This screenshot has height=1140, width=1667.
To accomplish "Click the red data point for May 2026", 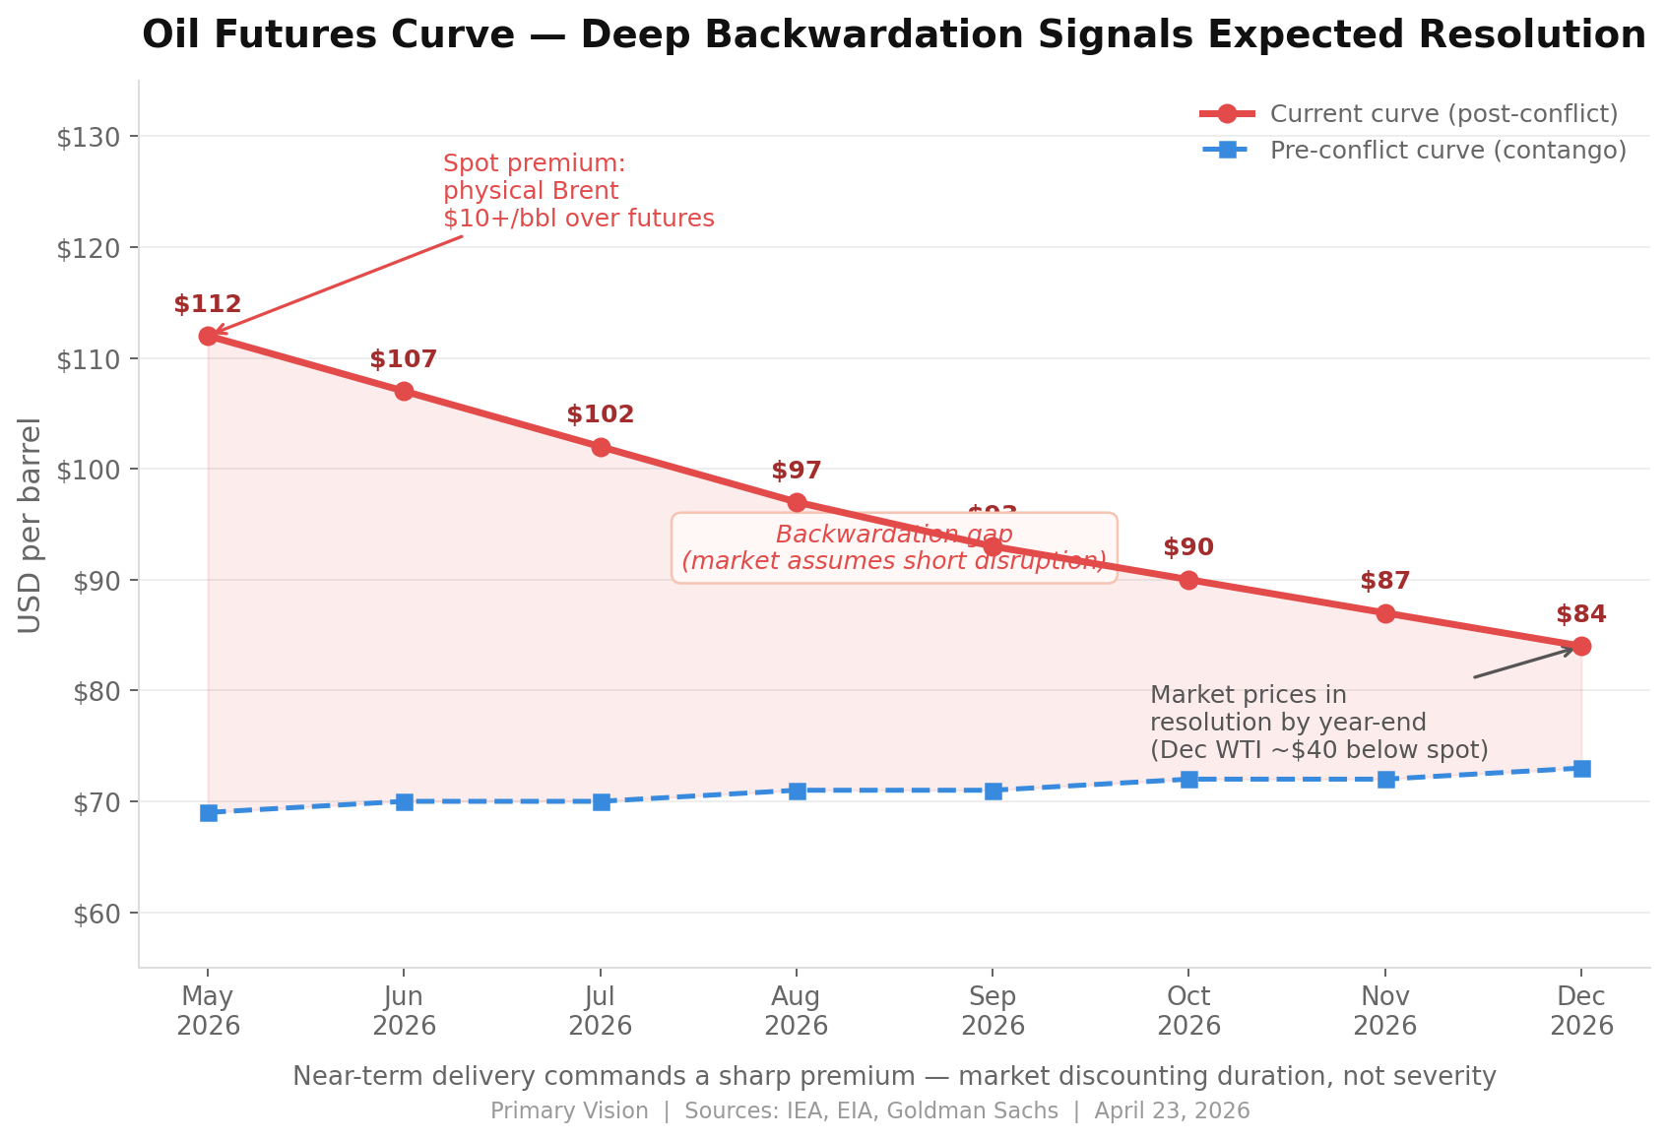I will click(x=208, y=337).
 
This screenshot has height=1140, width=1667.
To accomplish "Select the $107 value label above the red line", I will click(x=404, y=360).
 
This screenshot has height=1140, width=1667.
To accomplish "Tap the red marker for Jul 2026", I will click(x=601, y=447).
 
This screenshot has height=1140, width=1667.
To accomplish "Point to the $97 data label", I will click(x=797, y=472).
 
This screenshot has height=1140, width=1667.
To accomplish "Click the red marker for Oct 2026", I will click(x=1188, y=580).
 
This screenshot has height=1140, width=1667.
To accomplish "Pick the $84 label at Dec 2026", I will click(x=1581, y=615).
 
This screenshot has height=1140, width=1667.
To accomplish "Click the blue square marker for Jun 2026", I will click(x=404, y=802).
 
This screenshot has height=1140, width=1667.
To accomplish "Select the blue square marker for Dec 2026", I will click(x=1581, y=768).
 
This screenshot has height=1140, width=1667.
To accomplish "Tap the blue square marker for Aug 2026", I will click(x=797, y=791).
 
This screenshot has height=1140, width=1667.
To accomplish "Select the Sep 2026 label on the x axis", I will click(x=993, y=1012).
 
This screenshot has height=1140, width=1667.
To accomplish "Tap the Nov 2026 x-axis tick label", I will click(x=1385, y=1012).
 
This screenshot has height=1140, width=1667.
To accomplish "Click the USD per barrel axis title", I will click(x=31, y=525).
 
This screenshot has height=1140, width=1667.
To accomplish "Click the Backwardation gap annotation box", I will click(x=894, y=548).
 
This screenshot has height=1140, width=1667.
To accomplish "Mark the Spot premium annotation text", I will click(x=578, y=191).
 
